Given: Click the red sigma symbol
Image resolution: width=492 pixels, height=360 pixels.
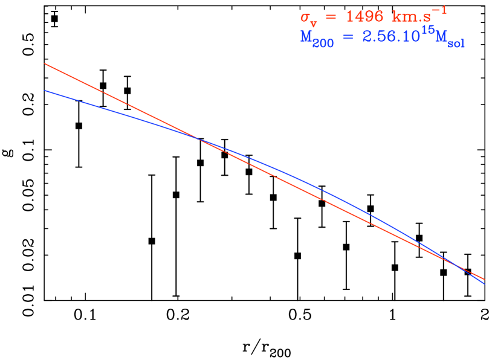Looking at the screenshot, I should [306, 16].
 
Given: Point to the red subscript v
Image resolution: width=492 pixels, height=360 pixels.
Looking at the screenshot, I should [314, 22].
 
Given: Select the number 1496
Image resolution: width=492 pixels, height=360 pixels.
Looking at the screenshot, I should [364, 16].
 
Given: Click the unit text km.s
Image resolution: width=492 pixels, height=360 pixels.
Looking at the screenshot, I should [412, 16].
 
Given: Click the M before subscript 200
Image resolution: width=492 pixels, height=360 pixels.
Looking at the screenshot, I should [306, 37].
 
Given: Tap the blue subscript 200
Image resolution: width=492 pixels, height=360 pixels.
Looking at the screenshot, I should [323, 43].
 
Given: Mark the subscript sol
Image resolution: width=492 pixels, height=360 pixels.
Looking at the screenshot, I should [456, 43].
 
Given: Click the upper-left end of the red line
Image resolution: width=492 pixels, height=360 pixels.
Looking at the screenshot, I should [45, 63].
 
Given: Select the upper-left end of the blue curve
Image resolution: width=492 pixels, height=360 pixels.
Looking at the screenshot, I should [45, 91].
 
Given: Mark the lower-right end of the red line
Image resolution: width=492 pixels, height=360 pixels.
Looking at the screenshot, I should [484, 279].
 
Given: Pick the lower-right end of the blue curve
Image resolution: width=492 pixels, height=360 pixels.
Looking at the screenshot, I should [484, 283].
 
